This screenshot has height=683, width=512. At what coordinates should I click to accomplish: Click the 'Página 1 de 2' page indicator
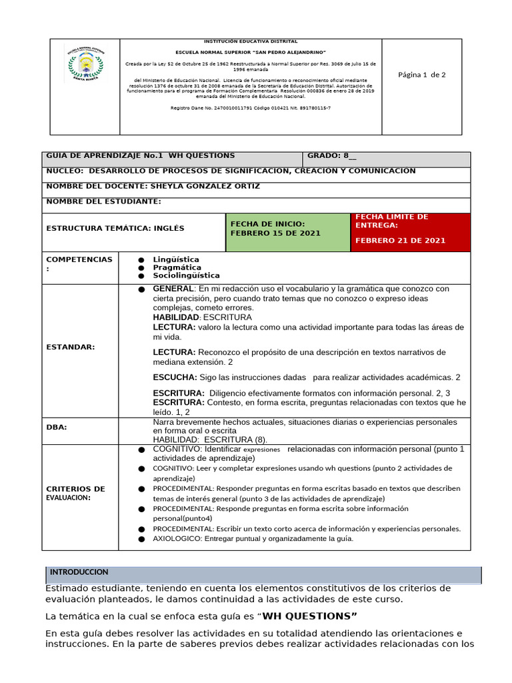click(421, 75)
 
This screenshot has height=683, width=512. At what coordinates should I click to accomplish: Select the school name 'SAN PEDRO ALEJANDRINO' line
click(250, 52)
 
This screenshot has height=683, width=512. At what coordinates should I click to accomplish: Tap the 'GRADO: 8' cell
click(332, 155)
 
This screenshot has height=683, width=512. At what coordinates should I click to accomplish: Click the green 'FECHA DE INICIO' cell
click(287, 229)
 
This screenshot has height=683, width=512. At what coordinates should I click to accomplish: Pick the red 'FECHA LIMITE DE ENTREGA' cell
click(410, 229)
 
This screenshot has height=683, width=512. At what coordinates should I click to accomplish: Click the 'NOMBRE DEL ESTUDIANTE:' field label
click(103, 201)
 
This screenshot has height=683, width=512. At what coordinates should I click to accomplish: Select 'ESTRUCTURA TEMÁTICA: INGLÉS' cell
click(115, 229)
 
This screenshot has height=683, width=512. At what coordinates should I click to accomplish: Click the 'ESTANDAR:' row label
click(71, 347)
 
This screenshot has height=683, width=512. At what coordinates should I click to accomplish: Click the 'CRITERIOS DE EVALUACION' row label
click(75, 493)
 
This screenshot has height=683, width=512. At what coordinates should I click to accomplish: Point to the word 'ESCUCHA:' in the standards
click(175, 378)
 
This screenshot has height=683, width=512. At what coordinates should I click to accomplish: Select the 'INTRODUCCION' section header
click(79, 573)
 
